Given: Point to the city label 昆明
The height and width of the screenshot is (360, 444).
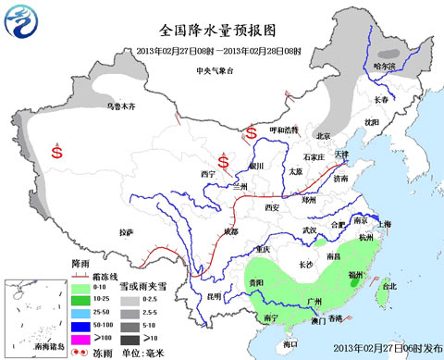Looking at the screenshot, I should click(215, 296).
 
